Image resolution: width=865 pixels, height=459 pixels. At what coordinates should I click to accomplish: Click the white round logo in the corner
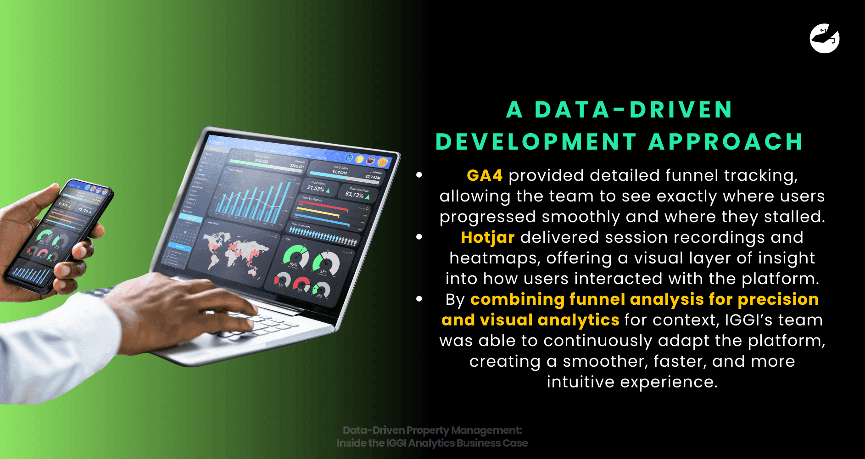[825, 39]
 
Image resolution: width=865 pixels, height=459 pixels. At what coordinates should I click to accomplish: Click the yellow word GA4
[485, 175]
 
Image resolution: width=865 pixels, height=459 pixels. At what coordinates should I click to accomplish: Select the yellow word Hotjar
[487, 237]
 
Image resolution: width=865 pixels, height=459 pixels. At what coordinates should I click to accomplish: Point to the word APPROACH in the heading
[726, 142]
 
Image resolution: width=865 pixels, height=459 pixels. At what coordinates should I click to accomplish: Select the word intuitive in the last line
[580, 382]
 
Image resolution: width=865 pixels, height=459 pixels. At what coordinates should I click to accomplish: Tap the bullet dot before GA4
[419, 175]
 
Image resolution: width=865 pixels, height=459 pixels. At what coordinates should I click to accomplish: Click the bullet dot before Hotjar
[419, 237]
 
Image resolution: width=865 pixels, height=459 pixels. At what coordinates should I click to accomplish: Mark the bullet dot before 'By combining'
[419, 299]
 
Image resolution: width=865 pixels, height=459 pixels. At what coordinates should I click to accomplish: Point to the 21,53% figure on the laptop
[316, 188]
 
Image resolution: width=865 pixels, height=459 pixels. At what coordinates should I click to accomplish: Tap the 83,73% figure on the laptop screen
[354, 195]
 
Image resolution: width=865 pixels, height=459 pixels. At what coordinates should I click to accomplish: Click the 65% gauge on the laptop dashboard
[295, 257]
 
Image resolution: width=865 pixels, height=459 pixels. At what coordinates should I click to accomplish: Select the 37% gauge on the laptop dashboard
[325, 264]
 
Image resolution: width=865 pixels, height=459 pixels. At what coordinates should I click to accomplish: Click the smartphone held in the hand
[60, 234]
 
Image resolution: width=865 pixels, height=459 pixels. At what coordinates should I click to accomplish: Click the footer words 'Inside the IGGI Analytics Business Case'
[432, 443]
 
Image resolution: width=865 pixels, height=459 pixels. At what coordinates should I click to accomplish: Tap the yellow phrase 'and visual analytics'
[530, 320]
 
